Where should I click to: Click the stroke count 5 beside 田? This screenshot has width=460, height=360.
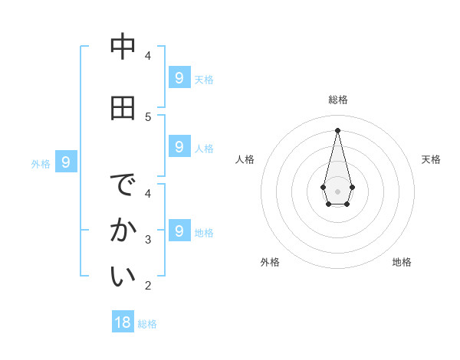(x=148, y=116)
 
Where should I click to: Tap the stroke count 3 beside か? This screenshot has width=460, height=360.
(x=148, y=240)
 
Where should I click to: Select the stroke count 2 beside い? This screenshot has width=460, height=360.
(x=148, y=286)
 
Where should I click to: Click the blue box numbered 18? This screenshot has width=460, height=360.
(x=123, y=322)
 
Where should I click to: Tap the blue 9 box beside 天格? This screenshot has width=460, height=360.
(x=179, y=77)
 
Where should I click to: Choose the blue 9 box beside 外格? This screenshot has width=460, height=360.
(x=66, y=162)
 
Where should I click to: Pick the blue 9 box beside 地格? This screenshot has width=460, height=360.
(x=179, y=231)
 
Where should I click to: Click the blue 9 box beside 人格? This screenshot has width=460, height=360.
(x=179, y=146)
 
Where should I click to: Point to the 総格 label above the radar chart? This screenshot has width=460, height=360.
(x=338, y=100)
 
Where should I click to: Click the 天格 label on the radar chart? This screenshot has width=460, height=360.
(x=431, y=159)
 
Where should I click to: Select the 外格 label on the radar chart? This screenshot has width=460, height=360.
(x=270, y=262)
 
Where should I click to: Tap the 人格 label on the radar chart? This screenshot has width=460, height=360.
(x=245, y=159)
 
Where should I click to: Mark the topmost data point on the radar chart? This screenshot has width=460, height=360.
(x=337, y=129)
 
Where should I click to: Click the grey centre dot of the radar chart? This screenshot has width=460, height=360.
(x=337, y=191)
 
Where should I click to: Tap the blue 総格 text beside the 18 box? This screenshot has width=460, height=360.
(x=147, y=324)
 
